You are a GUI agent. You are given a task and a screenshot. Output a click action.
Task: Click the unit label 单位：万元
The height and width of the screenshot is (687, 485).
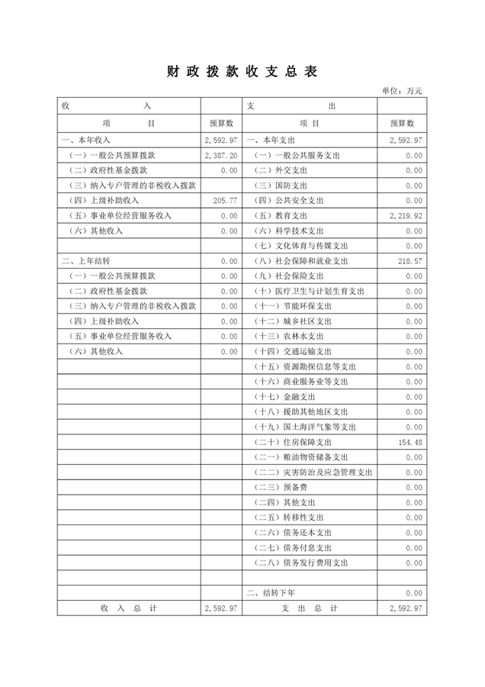click(x=402, y=91)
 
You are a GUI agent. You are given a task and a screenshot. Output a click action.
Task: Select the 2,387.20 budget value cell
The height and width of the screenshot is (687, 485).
click(x=221, y=155)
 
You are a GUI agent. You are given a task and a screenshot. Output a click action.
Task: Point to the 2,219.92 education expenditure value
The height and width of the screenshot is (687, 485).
click(x=405, y=215)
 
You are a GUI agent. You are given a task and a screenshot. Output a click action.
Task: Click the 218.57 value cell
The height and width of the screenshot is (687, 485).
click(x=410, y=261)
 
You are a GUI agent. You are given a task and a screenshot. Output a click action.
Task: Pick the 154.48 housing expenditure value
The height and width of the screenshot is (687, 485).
click(x=410, y=442)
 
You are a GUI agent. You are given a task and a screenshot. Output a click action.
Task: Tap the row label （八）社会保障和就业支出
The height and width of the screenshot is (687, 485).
click(x=301, y=261)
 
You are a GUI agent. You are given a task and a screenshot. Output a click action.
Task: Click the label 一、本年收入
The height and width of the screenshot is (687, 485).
click(x=86, y=140)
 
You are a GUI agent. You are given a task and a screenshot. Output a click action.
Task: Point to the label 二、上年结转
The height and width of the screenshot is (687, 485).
click(x=86, y=261)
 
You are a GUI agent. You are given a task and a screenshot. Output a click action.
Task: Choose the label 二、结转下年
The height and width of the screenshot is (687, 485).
click(x=271, y=592)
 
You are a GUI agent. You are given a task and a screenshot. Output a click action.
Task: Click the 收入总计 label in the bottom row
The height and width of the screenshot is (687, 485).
click(x=128, y=608)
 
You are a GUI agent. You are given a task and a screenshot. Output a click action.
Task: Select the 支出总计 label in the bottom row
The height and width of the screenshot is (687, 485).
click(x=309, y=608)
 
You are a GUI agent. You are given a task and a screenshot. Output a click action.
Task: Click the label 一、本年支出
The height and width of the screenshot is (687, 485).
click(x=271, y=140)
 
